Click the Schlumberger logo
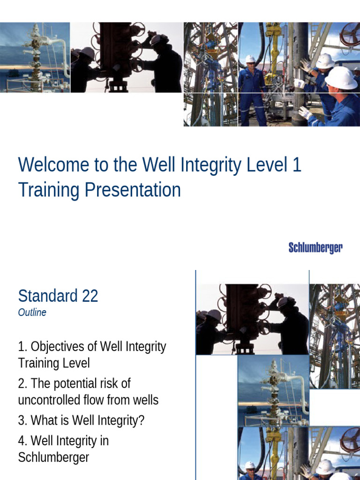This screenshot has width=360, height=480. [x=315, y=247]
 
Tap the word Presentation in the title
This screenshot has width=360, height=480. [x=133, y=190]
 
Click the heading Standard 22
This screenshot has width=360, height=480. [x=58, y=296]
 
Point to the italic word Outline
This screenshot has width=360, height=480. [x=32, y=313]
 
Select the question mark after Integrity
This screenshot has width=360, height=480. [x=141, y=420]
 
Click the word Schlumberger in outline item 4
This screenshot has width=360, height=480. [x=53, y=457]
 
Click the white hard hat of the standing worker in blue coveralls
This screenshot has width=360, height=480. [x=250, y=59]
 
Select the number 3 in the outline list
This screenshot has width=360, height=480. [x=22, y=420]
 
